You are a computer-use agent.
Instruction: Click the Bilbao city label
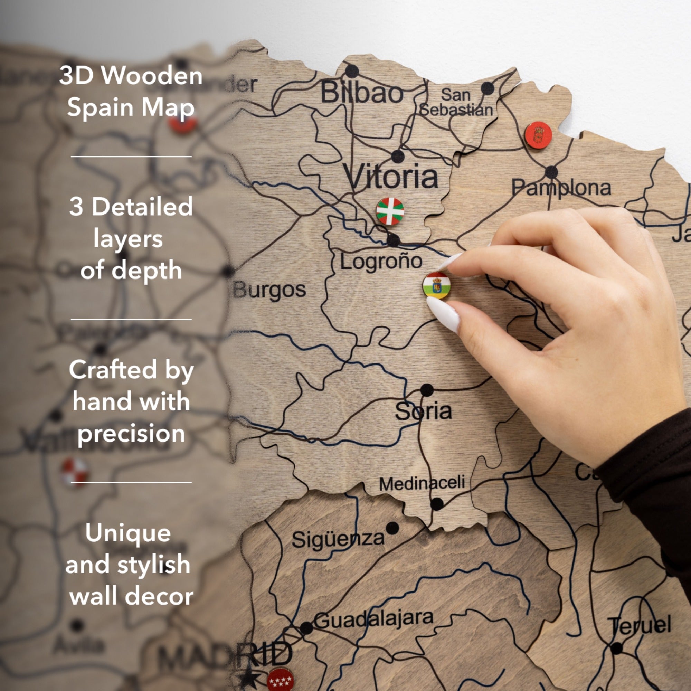pyautogui.click(x=362, y=93)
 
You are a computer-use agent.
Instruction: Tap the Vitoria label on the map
pyautogui.click(x=390, y=176)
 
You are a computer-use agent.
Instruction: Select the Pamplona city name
pyautogui.click(x=561, y=188)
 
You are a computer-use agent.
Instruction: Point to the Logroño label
pyautogui.click(x=381, y=261)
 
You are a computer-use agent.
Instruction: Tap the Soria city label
pyautogui.click(x=424, y=411)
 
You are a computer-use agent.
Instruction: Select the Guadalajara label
pyautogui.click(x=374, y=620)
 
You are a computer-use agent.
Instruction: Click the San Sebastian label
pyautogui.click(x=456, y=103)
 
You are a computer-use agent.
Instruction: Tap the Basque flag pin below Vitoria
pyautogui.click(x=390, y=211)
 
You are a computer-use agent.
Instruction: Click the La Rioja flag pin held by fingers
pyautogui.click(x=436, y=285)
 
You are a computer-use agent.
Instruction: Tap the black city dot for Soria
pyautogui.click(x=427, y=390)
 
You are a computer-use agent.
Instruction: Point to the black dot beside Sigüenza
pyautogui.click(x=392, y=528)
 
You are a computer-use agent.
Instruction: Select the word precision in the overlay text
pyautogui.click(x=131, y=433)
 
